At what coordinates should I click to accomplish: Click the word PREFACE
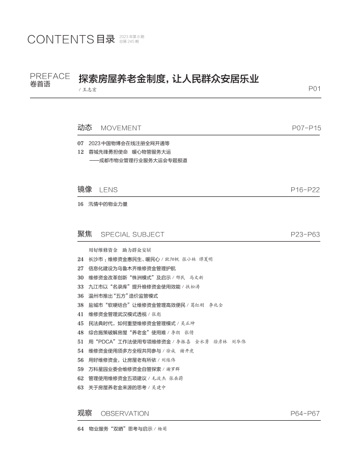click(x=50, y=76)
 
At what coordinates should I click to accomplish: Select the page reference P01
click(x=315, y=89)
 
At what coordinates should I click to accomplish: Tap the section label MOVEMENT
click(x=121, y=128)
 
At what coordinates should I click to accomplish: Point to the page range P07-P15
click(x=307, y=128)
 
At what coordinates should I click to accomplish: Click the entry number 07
click(x=80, y=143)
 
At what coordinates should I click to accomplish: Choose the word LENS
click(x=108, y=190)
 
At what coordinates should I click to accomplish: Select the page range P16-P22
click(x=305, y=190)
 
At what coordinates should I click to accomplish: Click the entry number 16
click(x=80, y=205)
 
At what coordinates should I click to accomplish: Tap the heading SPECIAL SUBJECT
click(x=132, y=235)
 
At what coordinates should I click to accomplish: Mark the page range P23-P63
click(x=305, y=235)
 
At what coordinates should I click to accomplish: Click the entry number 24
click(x=80, y=259)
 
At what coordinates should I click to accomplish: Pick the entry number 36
click(x=80, y=296)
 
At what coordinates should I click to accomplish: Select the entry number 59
click(x=80, y=369)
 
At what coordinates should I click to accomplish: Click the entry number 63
click(x=80, y=387)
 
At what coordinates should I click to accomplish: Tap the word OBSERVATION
click(x=125, y=414)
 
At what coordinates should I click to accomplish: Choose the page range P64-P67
click(x=305, y=414)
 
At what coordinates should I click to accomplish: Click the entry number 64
click(x=80, y=429)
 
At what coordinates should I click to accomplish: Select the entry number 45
click(x=80, y=323)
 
